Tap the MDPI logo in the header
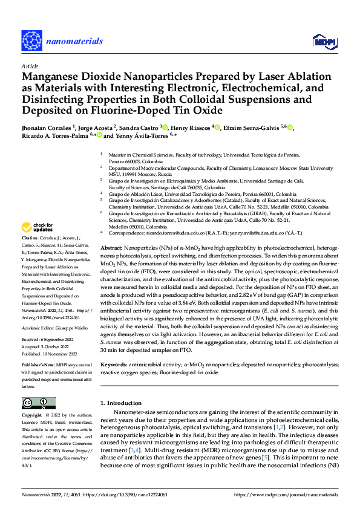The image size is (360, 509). click(x=323, y=41)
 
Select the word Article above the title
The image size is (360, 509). click(x=30, y=66)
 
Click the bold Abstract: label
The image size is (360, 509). click(x=111, y=248)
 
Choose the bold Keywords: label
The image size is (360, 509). click(x=113, y=366)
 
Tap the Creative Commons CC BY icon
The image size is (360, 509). click(x=38, y=403)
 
